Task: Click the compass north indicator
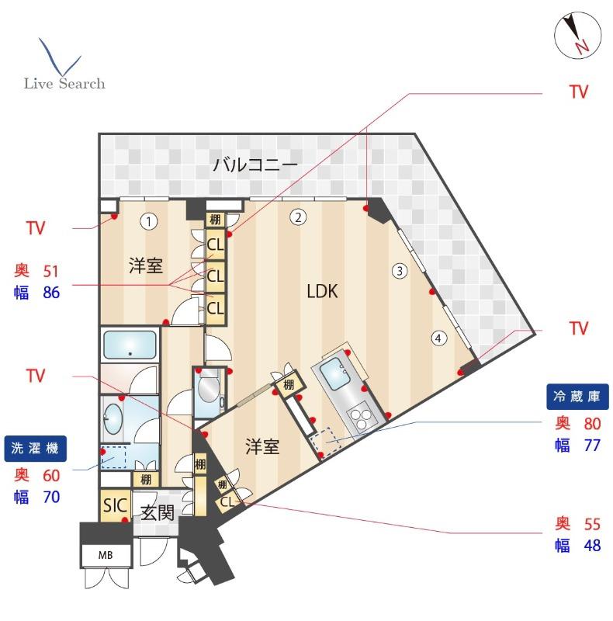(578, 35)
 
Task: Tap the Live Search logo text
(64, 84)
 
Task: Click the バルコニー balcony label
(255, 165)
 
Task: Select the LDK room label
(322, 291)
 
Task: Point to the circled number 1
(149, 221)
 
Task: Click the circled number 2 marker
(298, 217)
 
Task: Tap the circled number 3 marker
(400, 271)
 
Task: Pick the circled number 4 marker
(438, 338)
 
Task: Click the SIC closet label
(115, 506)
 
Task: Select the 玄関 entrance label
(158, 513)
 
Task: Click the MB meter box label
(106, 555)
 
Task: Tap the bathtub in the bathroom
(130, 345)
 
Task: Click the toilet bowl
(208, 390)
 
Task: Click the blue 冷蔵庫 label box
(577, 397)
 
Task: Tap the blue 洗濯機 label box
(35, 449)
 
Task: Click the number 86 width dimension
(51, 293)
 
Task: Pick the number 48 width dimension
(592, 546)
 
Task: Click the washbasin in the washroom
(113, 418)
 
